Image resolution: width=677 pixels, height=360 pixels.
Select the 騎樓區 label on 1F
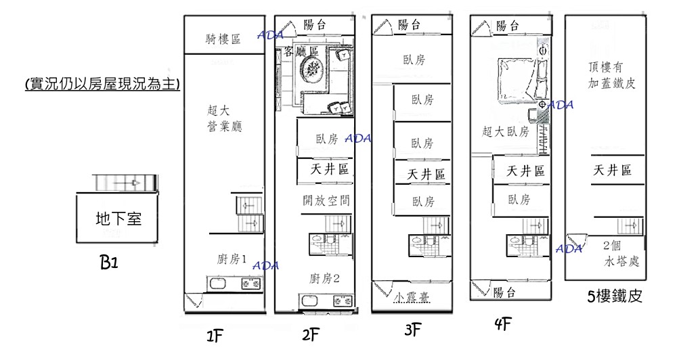[223, 40]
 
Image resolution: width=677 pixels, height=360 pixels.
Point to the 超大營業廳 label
[224, 117]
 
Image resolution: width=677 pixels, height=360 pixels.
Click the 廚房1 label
[232, 258]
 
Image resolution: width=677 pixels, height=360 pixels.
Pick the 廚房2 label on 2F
[324, 279]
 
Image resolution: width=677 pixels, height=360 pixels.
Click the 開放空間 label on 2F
[326, 201]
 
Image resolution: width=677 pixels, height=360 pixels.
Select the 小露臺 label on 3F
[412, 297]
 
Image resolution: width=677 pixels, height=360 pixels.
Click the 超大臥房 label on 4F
[506, 132]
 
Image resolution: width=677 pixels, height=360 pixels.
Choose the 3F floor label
[413, 331]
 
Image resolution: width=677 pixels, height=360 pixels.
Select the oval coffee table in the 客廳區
[313, 68]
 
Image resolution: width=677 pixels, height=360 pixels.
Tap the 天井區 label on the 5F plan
[613, 171]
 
